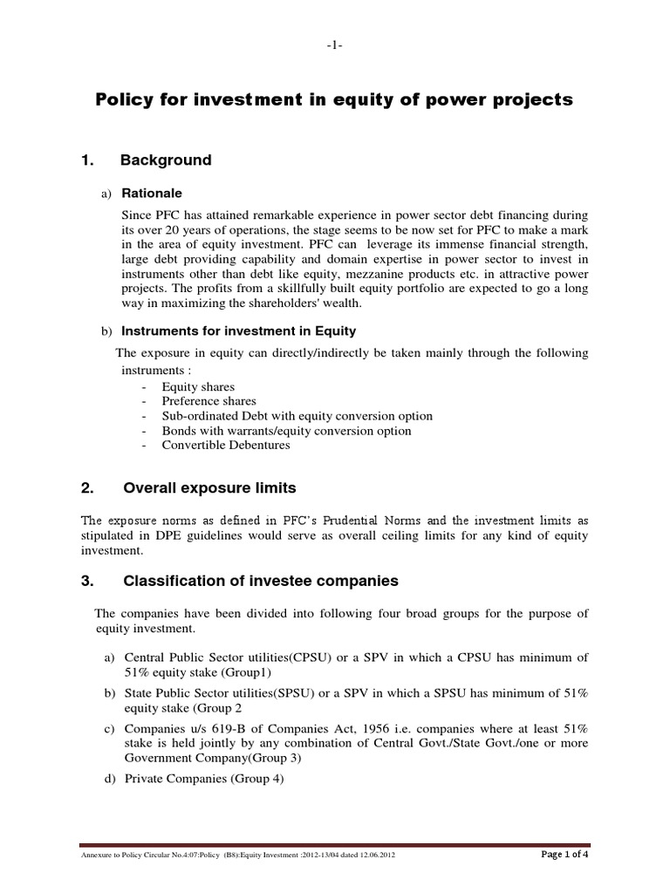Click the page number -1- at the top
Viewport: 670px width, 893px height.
pos(335,45)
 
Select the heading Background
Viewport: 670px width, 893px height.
pos(166,160)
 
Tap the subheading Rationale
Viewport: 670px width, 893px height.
pos(152,194)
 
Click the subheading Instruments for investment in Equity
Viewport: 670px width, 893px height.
pos(238,331)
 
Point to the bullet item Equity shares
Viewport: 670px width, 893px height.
pos(198,386)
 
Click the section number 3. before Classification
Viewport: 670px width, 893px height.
pos(86,581)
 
